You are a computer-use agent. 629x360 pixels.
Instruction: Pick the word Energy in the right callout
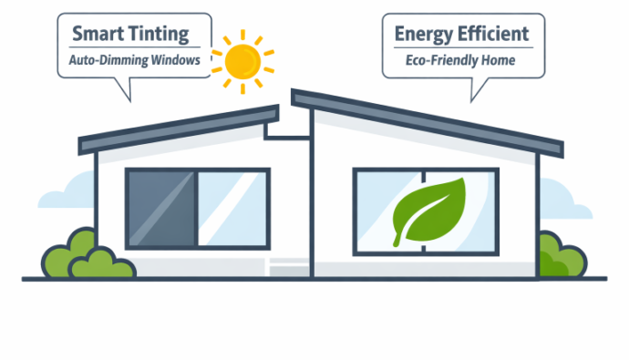[423, 35]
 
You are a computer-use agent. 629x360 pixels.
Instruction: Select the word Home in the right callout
[500, 61]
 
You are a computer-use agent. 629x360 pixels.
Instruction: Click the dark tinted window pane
[160, 208]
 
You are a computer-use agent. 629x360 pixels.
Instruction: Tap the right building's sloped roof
[428, 118]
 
